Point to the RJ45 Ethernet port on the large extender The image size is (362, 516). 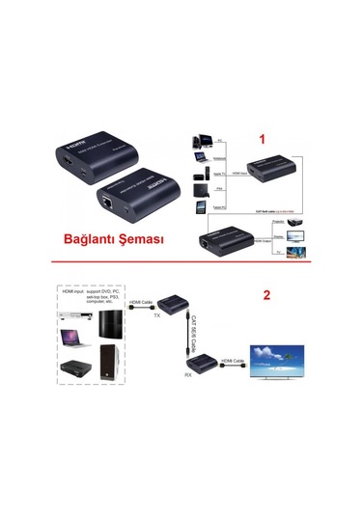[102, 204]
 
